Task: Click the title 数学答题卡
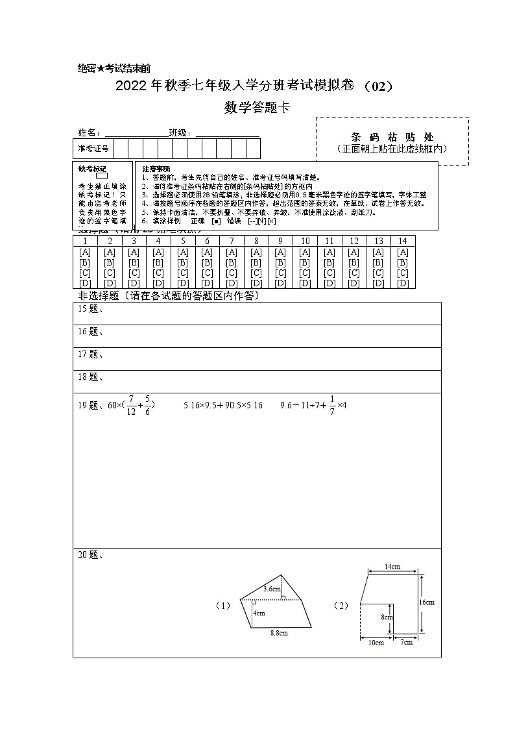pyautogui.click(x=257, y=108)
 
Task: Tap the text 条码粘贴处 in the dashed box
pyautogui.click(x=392, y=137)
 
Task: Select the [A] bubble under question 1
pyautogui.click(x=84, y=252)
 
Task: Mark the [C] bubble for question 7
pyautogui.click(x=232, y=273)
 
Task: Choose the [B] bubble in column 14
pyautogui.click(x=403, y=262)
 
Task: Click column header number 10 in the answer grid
pyautogui.click(x=305, y=241)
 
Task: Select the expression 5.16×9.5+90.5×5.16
pyautogui.click(x=223, y=405)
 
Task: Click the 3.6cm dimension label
pyautogui.click(x=272, y=589)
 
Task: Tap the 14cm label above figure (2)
pyautogui.click(x=392, y=567)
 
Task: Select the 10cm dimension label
pyautogui.click(x=376, y=643)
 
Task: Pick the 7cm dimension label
pyautogui.click(x=406, y=643)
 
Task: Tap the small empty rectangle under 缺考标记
pyautogui.click(x=101, y=176)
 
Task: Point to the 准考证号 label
pyautogui.click(x=93, y=149)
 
